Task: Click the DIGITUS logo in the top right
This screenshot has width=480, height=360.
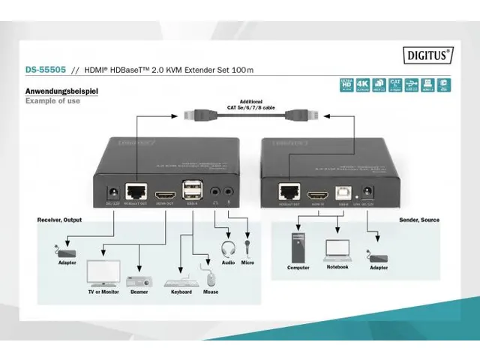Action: pyautogui.click(x=428, y=53)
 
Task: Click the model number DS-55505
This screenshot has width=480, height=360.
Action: pyautogui.click(x=43, y=70)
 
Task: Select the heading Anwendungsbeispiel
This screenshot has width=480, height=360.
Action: pyautogui.click(x=61, y=91)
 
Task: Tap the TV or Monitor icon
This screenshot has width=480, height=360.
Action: pyautogui.click(x=103, y=272)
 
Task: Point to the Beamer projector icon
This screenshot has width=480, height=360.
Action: pyautogui.click(x=139, y=280)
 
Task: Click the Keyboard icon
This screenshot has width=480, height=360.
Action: pyautogui.click(x=181, y=281)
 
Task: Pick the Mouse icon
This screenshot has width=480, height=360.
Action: pyautogui.click(x=211, y=278)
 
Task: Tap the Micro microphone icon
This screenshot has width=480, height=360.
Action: pyautogui.click(x=247, y=247)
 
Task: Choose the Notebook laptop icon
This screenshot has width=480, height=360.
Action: pyautogui.click(x=337, y=248)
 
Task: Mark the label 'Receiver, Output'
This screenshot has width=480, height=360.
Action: pyautogui.click(x=59, y=220)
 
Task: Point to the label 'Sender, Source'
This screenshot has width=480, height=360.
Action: pyautogui.click(x=419, y=220)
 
